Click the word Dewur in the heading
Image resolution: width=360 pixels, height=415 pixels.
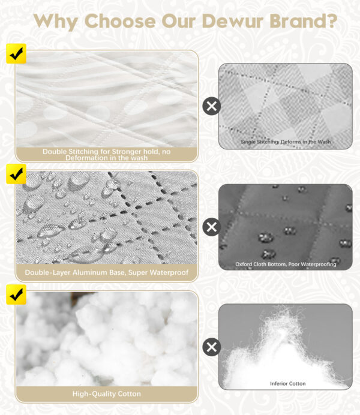point(232,21)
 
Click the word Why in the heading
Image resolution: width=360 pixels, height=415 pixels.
point(56,22)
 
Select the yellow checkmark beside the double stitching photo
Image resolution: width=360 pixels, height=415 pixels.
point(16,54)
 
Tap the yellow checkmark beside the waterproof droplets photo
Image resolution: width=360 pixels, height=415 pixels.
point(16,174)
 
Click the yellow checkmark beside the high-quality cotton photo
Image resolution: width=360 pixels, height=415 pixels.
point(16,294)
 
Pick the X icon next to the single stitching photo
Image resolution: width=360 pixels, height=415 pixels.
point(211,106)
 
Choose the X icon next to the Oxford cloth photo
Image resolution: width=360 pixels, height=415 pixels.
point(211,227)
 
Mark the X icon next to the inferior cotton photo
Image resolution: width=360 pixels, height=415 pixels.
point(211,347)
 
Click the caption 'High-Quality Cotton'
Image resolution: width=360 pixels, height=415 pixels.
point(106,394)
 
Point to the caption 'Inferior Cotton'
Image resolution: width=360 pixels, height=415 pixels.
point(288,383)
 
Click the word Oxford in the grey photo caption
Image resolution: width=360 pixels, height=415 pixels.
point(244,264)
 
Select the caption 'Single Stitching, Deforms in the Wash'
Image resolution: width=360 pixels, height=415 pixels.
point(286,142)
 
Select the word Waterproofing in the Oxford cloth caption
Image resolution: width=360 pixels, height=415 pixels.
point(319,264)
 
